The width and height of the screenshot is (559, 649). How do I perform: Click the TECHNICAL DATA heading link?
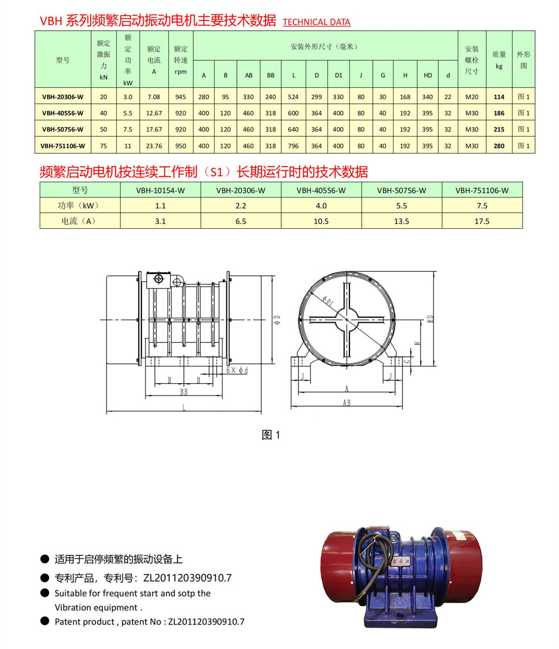316,22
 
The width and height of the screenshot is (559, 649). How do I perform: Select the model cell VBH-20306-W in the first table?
63,97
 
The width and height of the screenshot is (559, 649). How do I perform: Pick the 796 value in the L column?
293,146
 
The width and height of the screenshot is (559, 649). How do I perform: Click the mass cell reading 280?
499,146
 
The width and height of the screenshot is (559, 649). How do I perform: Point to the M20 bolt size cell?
472,97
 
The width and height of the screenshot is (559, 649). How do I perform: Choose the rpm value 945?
181,97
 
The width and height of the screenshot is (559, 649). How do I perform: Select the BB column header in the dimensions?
271,75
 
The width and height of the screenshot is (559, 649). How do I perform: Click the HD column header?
428,75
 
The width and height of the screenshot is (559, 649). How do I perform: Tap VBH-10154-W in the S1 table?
160,190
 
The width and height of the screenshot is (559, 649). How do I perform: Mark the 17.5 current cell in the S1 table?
482,221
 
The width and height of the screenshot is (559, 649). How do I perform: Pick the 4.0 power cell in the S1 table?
321,205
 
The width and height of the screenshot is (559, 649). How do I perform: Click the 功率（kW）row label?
80,205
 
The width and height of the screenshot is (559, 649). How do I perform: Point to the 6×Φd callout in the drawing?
237,370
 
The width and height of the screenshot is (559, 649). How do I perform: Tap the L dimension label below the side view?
183,408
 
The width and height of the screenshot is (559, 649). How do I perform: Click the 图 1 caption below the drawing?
271,435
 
